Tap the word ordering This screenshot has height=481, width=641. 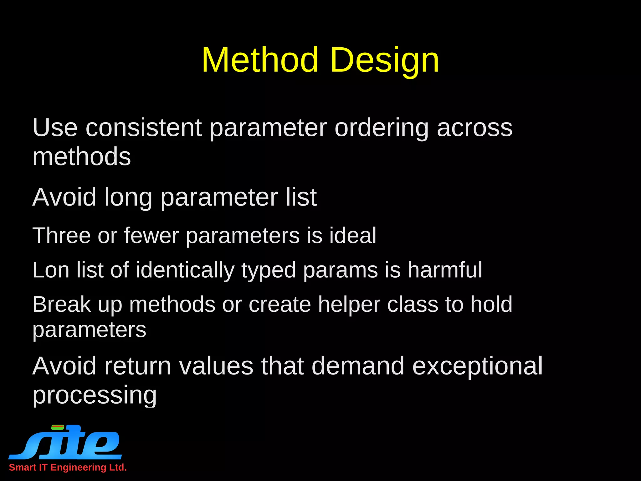click(382, 128)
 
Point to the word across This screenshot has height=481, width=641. click(474, 128)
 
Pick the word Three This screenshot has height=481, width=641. click(62, 235)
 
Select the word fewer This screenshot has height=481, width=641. click(151, 235)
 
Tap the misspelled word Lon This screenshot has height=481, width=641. click(50, 270)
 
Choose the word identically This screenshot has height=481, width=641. click(185, 270)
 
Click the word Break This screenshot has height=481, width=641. click(62, 304)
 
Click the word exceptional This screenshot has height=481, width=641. click(477, 367)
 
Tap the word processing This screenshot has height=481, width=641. click(95, 395)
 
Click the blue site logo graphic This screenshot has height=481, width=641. click(66, 442)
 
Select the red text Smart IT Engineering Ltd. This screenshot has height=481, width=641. click(68, 468)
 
